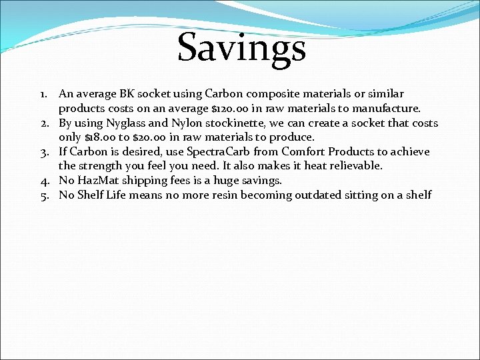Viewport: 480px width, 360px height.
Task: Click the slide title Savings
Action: click(241, 48)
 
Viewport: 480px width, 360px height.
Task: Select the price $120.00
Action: click(229, 108)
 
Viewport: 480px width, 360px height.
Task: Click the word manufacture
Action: click(387, 108)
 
